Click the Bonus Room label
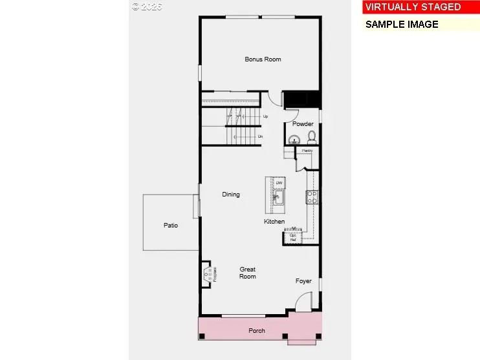point(263,59)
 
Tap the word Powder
point(303,124)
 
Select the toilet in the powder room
point(311,137)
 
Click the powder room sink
point(295,139)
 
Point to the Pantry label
point(307,151)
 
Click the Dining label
point(231,195)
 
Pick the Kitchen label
point(274,222)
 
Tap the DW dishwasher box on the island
point(279,184)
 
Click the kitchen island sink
point(278,198)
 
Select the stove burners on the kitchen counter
point(312,197)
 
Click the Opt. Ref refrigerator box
point(293,237)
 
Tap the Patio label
point(171,226)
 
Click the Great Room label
point(248,273)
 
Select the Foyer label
point(303,281)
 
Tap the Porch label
point(257,331)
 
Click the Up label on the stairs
point(265,116)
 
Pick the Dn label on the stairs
point(261,137)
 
